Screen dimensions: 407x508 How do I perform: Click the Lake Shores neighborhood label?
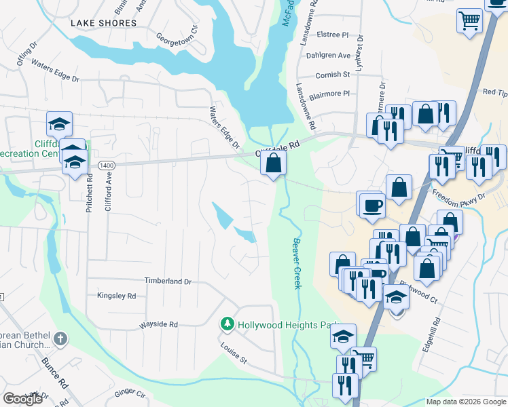(x=104, y=23)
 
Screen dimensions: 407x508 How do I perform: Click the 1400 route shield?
(x=106, y=165)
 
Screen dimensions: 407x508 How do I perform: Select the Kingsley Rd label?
(x=116, y=296)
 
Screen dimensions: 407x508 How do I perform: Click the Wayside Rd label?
(x=158, y=325)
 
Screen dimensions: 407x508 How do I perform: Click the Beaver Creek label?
(x=297, y=263)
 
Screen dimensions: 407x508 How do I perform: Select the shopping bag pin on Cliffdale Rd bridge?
(x=273, y=163)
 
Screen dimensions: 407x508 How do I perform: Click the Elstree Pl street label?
(x=333, y=33)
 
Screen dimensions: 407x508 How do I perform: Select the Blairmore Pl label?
(x=329, y=94)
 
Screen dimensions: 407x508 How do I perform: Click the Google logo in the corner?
(x=22, y=399)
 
